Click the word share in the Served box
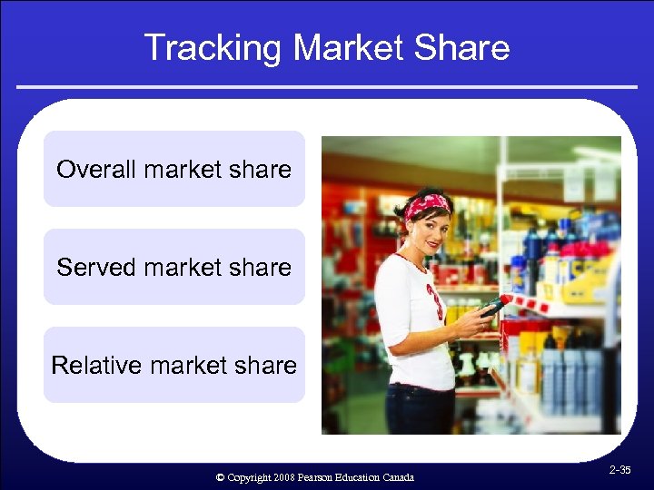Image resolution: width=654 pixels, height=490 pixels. pyautogui.click(x=261, y=268)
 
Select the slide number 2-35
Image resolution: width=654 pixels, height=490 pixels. pyautogui.click(x=620, y=470)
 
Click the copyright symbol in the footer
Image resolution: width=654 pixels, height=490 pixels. pyautogui.click(x=220, y=477)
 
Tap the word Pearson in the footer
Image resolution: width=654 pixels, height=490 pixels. pyautogui.click(x=318, y=477)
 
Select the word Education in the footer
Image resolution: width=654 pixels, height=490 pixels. pyautogui.click(x=359, y=477)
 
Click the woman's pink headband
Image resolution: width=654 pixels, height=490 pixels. pyautogui.click(x=427, y=204)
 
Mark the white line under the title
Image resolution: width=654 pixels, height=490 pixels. pyautogui.click(x=327, y=87)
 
